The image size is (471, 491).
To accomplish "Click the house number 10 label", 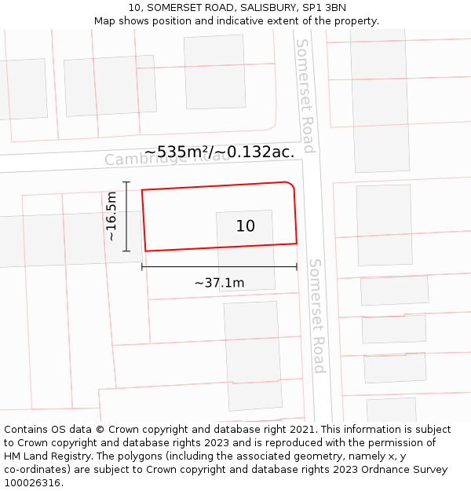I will pyautogui.click(x=246, y=226).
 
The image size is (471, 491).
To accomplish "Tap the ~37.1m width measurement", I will pyautogui.click(x=219, y=283).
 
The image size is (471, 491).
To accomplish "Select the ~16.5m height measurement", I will pyautogui.click(x=111, y=217).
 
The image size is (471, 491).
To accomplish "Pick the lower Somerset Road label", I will pyautogui.click(x=316, y=315).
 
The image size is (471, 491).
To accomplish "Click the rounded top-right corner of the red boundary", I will pyautogui.click(x=290, y=185).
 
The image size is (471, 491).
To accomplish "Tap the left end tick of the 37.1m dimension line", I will pyautogui.click(x=142, y=267).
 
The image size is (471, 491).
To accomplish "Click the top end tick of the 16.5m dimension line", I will pyautogui.click(x=126, y=182).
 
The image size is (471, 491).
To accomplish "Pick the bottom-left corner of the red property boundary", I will pyautogui.click(x=145, y=251).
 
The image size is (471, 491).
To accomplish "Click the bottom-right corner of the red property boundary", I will pyautogui.click(x=297, y=244).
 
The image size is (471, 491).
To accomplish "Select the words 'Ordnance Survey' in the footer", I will pyautogui.click(x=404, y=469).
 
